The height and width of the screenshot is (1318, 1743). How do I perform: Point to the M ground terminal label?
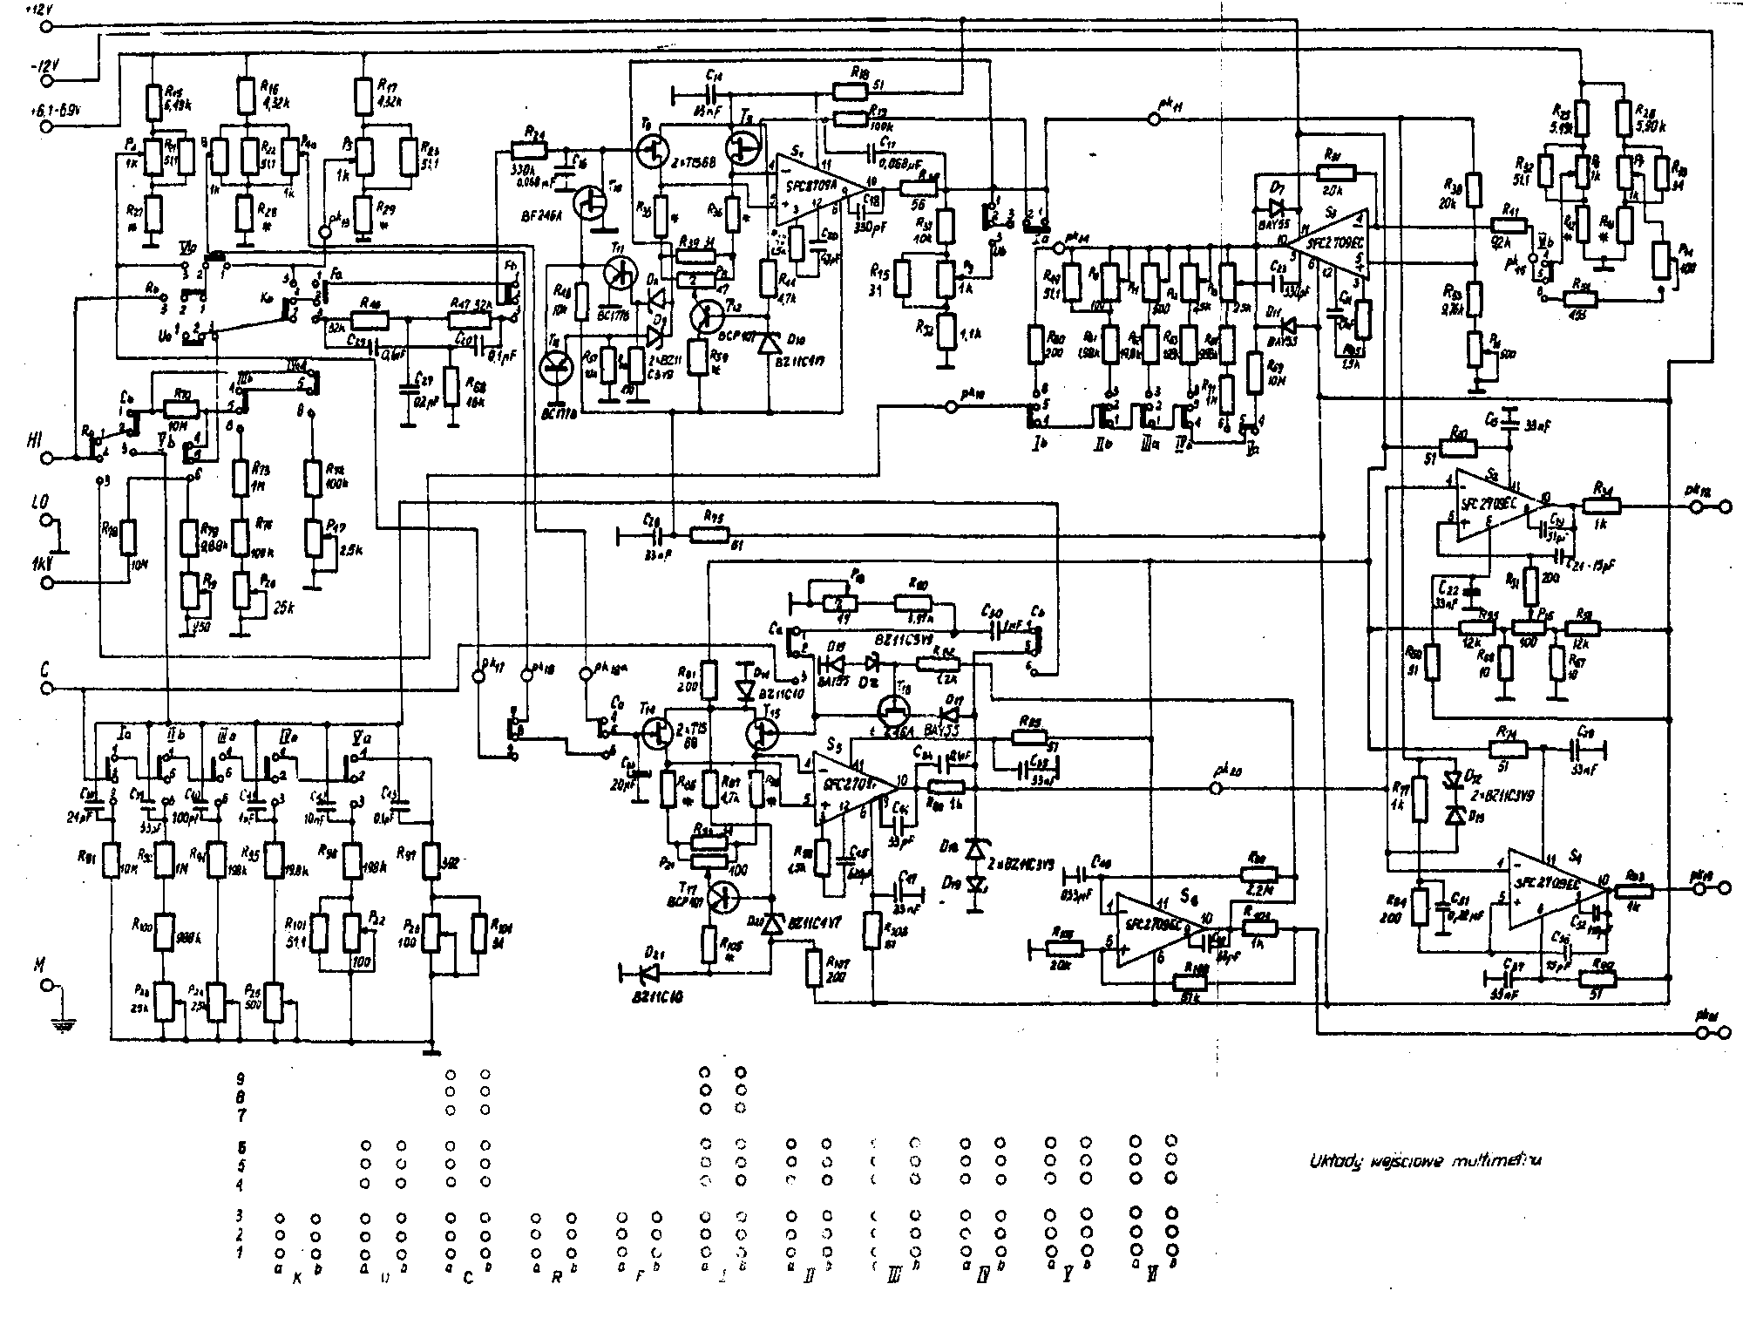point(37,965)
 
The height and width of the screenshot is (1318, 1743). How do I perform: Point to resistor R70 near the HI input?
point(179,408)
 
